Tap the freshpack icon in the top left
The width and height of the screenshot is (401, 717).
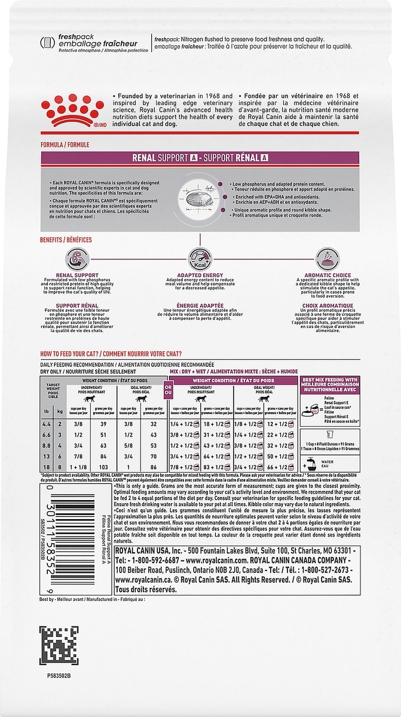tap(47, 42)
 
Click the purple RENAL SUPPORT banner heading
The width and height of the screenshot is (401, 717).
tap(200, 158)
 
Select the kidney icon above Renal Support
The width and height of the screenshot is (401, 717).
tap(77, 259)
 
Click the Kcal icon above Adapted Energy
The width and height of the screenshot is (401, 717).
tap(200, 259)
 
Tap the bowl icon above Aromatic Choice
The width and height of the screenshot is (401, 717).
tap(327, 259)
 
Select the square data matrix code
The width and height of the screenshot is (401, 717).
tap(59, 646)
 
